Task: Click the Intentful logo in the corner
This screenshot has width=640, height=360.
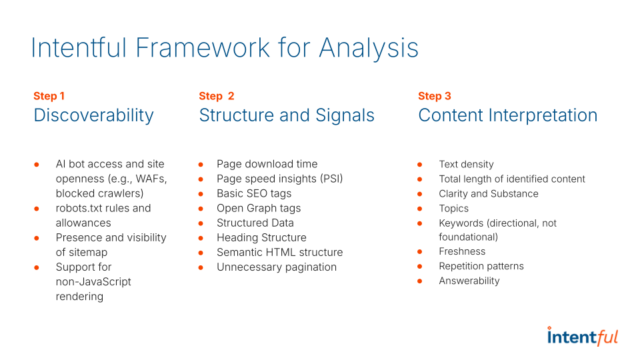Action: click(582, 337)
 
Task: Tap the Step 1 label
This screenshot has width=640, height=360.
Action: click(49, 96)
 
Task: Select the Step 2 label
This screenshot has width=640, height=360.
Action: click(217, 96)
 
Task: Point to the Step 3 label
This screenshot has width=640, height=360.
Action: click(435, 96)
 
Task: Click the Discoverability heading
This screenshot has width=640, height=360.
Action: click(93, 115)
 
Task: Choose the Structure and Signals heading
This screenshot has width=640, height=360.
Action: click(287, 115)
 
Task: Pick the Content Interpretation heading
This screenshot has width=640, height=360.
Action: click(507, 115)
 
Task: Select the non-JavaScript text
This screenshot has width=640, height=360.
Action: click(93, 281)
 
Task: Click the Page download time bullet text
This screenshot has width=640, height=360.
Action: click(267, 164)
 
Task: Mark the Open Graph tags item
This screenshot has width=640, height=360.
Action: click(259, 208)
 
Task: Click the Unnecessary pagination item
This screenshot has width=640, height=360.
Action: click(277, 267)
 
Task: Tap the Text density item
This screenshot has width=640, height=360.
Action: click(466, 164)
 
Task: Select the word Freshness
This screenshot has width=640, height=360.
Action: click(462, 251)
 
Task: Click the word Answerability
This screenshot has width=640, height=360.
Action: click(469, 281)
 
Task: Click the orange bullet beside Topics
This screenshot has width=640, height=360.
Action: click(420, 208)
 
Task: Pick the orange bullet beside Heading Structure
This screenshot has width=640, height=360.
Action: click(201, 237)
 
